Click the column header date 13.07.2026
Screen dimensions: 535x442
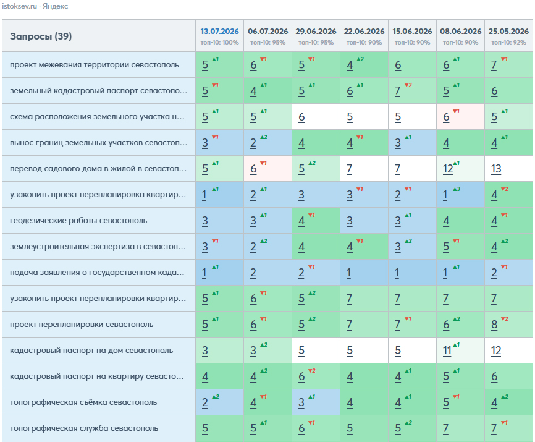point(219,32)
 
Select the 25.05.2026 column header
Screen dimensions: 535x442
point(508,32)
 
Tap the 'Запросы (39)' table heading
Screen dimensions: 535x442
point(41,36)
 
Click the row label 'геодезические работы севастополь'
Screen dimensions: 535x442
point(78,221)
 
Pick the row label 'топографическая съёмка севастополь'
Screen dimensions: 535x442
point(83,402)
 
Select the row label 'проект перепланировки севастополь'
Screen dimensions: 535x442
point(82,325)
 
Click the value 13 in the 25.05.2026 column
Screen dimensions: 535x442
point(496,169)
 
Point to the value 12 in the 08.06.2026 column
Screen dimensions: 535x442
point(448,169)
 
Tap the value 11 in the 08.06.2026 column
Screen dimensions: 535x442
point(447,351)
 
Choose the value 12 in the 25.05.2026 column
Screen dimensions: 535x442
point(496,351)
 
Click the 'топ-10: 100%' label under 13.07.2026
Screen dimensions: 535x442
point(219,43)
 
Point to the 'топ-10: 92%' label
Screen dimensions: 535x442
point(508,43)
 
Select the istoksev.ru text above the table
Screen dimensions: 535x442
point(19,6)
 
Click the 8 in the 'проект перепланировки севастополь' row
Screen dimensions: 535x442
point(494,325)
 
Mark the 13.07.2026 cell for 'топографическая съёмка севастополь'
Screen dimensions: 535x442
point(220,402)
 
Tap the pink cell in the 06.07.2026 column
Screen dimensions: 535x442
point(268,169)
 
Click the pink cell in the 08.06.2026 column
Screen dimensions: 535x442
point(461,117)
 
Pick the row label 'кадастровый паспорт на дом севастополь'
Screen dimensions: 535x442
point(91,350)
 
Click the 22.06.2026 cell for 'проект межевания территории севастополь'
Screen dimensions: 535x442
point(364,65)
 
